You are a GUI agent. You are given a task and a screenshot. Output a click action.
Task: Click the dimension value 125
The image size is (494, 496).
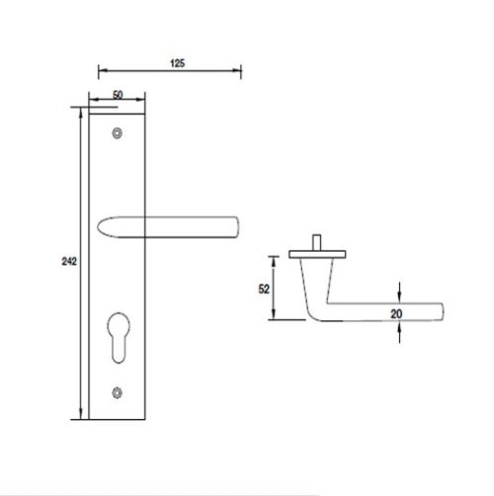tap(178, 62)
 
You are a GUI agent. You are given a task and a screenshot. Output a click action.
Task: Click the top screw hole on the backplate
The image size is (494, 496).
tap(119, 132)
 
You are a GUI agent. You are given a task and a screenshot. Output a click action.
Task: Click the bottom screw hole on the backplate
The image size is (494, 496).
tap(119, 393)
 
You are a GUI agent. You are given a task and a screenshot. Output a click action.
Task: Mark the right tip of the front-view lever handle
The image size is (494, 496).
tap(240, 224)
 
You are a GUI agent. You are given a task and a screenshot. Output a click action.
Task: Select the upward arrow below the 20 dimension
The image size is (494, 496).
tap(398, 331)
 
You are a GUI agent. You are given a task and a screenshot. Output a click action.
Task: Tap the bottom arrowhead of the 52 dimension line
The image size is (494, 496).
tap(276, 318)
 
